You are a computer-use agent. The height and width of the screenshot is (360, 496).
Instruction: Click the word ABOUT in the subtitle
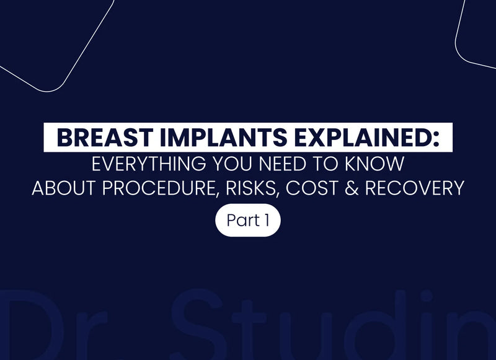tap(63, 188)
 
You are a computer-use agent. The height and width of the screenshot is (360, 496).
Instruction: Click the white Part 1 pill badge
tap(248, 220)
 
